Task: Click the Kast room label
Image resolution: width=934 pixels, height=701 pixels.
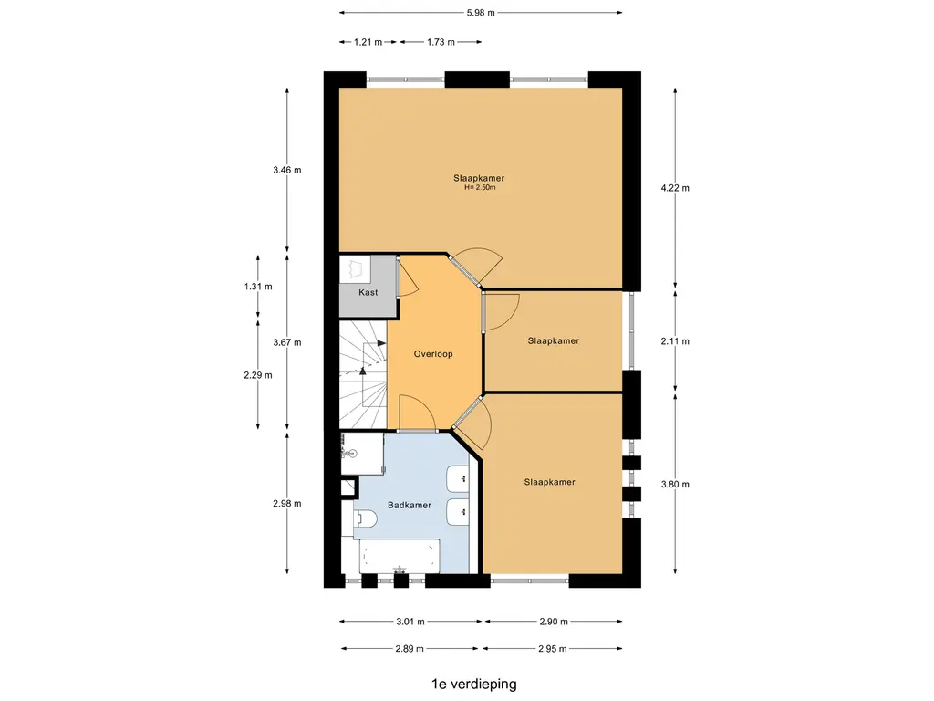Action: [368, 292]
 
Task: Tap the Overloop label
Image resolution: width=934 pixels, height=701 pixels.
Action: [433, 354]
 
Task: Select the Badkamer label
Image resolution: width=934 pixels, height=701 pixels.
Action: [410, 506]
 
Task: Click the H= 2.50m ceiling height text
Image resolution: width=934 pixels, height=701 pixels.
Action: [480, 187]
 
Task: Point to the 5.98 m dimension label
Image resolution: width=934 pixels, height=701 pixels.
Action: [481, 13]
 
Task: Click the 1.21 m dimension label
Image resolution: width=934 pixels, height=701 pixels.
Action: [368, 42]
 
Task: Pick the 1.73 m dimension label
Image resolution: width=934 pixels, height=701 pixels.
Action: [441, 42]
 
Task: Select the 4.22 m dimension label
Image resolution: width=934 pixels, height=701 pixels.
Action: [675, 188]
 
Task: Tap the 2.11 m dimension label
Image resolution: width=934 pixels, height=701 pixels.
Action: [675, 341]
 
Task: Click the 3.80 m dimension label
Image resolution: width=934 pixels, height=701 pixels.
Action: [675, 485]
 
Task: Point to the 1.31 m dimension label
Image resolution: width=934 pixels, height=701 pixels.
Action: [258, 287]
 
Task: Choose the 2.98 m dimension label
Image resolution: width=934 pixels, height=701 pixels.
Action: [287, 504]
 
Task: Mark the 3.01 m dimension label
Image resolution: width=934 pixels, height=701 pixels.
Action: [410, 622]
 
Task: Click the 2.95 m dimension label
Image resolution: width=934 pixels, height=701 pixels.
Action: [552, 649]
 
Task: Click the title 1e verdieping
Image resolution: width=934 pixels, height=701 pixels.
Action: [474, 685]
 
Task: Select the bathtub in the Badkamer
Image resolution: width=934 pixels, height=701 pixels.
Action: [400, 557]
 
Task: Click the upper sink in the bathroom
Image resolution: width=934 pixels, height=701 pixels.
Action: [458, 478]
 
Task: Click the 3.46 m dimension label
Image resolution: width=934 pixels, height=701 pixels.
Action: [287, 171]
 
